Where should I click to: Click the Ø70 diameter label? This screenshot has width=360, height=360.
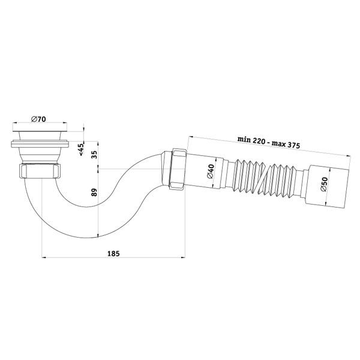click(x=39, y=119)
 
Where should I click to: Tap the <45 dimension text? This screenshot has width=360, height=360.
click(x=82, y=149)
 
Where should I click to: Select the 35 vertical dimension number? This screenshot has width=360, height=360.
click(x=94, y=154)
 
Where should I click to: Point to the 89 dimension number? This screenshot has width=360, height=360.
click(x=94, y=192)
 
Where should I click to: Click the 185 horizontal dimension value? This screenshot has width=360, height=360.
click(x=113, y=253)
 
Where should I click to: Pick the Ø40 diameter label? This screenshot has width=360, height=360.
click(x=211, y=171)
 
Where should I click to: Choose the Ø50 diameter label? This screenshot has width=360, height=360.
click(x=324, y=184)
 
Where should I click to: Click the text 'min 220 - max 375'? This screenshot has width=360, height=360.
click(x=269, y=142)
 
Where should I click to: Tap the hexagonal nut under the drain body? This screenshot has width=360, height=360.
click(x=40, y=171)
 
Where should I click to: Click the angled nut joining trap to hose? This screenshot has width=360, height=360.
click(x=177, y=169)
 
